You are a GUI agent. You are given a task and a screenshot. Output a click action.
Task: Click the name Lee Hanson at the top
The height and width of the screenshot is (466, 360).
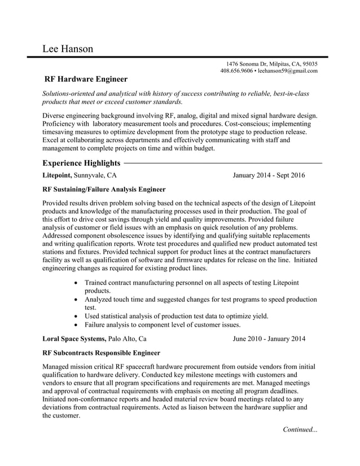pos(68,49)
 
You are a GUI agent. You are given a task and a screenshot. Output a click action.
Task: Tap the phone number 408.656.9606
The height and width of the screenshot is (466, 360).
pos(236,71)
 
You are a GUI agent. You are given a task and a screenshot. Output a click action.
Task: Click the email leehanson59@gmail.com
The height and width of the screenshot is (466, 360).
pos(287,71)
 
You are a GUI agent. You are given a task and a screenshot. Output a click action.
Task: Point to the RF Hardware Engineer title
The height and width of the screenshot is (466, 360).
pos(86,80)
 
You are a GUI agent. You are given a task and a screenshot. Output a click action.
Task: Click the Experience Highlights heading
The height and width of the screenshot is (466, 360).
pos(81,163)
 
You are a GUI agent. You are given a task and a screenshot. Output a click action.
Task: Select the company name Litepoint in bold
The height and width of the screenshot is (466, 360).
pos(57,175)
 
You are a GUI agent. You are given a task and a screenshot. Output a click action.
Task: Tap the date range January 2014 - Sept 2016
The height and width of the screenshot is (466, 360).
pos(269,175)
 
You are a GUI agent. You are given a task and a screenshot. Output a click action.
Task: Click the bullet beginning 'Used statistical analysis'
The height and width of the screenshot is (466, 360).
pos(176,316)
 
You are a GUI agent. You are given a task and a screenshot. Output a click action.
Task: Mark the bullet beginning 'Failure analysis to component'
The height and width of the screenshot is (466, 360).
pos(163,325)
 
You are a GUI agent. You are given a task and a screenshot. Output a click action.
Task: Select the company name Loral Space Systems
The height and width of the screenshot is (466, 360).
pos(74,339)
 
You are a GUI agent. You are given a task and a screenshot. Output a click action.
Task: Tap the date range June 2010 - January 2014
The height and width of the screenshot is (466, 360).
pos(269,339)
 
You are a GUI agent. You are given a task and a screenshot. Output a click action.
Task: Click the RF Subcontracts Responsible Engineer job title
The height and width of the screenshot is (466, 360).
pos(101,353)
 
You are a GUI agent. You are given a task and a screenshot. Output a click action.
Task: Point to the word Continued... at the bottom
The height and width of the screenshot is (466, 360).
pos(300,430)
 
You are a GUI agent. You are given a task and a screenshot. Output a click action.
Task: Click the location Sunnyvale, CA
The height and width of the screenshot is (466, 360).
pos(95,175)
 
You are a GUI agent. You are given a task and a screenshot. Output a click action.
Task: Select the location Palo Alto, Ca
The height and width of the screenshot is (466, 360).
pos(128,339)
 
